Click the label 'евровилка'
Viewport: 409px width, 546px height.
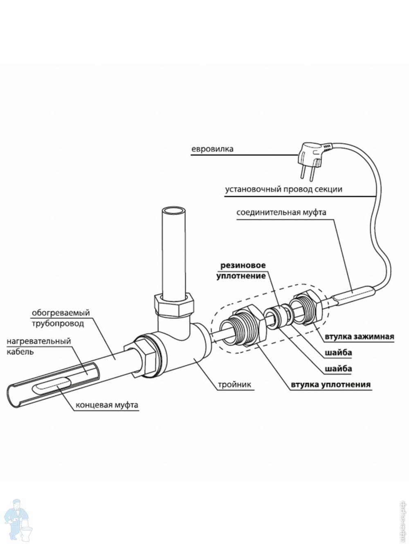pos(212,149)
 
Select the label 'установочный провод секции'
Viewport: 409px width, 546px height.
pos(283,190)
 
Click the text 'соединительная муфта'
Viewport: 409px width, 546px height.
pos(281,213)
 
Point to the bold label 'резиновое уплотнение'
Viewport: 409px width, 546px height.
pos(241,270)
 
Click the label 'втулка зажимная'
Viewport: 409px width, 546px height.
pos(359,337)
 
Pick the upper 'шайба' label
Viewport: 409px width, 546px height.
pos(338,353)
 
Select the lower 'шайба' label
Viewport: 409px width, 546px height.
pos(338,369)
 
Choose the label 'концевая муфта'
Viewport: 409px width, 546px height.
pos(107,405)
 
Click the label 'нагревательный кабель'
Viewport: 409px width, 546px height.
pos(38,346)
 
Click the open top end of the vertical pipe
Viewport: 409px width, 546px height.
pos(174,212)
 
